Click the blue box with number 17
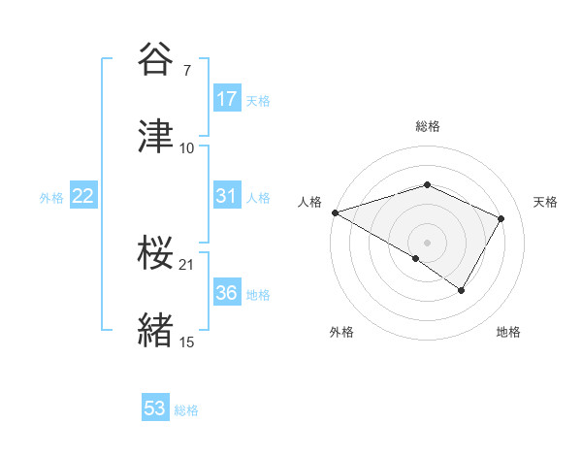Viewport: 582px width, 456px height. (x=227, y=99)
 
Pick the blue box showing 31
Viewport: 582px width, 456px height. (x=227, y=196)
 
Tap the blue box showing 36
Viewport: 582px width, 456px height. (x=227, y=293)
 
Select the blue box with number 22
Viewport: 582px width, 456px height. (x=83, y=196)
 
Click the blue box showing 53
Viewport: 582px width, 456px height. (x=155, y=409)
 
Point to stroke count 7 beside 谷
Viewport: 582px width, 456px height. (x=186, y=70)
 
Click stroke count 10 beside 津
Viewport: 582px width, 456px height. (x=187, y=147)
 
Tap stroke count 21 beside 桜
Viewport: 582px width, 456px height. (x=187, y=264)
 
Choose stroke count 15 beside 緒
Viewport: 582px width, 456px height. (x=187, y=342)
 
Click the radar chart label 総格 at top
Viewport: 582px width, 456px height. (x=427, y=126)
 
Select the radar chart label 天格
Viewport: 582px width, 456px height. (x=546, y=202)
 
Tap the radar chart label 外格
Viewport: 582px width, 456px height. (x=341, y=332)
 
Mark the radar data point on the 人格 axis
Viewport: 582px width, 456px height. (x=334, y=212)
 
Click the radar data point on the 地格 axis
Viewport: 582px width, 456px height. (x=462, y=290)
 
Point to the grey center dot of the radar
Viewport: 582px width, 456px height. (x=427, y=242)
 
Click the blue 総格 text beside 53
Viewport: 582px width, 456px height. (x=186, y=410)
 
